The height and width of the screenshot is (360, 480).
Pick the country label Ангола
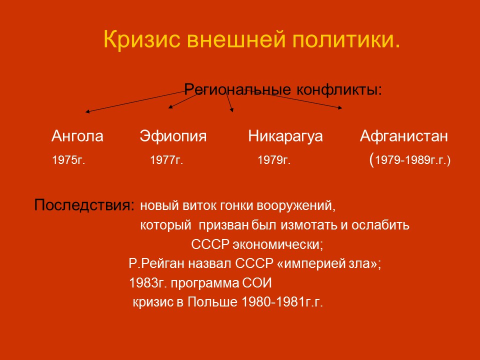coord(77,136)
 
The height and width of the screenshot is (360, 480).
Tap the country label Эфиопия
coord(173,136)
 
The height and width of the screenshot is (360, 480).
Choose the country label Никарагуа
coord(285,136)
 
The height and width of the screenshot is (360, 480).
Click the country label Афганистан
coord(404,136)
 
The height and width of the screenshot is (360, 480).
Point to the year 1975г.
coord(68,161)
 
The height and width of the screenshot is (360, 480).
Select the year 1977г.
coord(166,161)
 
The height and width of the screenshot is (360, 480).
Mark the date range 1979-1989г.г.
coord(412,161)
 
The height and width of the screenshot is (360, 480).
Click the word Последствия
coord(83,205)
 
